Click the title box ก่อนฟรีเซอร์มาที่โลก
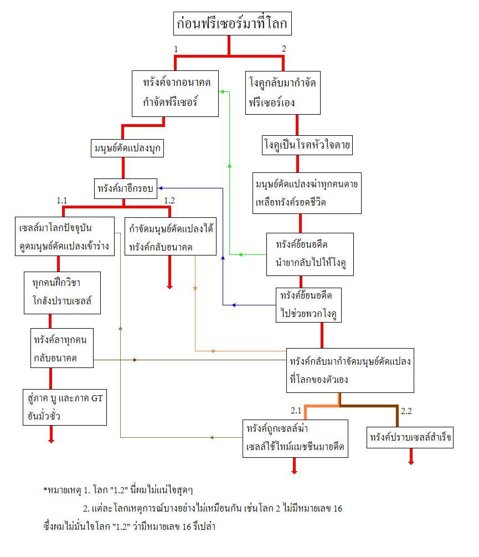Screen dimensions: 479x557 (233, 23)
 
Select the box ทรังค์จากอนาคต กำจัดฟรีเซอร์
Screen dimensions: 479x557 (175, 94)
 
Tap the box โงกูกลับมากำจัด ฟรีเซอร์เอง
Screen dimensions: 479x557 (283, 93)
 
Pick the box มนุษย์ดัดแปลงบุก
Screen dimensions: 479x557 (127, 148)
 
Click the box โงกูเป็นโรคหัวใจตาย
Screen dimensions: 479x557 (307, 145)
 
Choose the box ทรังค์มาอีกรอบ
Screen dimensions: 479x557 (126, 188)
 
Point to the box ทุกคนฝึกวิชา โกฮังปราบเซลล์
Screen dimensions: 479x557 (62, 293)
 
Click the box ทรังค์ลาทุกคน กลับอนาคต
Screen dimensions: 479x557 (61, 348)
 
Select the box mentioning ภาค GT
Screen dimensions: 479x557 (65, 407)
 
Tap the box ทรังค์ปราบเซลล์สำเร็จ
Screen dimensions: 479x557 (410, 437)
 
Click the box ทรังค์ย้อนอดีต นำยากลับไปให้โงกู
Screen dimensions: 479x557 (310, 254)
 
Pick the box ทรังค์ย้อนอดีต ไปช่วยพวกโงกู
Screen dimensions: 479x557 (308, 305)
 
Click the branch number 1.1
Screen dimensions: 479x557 (61, 201)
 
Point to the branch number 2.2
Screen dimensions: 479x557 (406, 411)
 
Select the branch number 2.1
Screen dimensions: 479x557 (296, 411)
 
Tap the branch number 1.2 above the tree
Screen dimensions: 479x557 (169, 200)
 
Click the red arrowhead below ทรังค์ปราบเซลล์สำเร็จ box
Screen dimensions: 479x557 (411, 462)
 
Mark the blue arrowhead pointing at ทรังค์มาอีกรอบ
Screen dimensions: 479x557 (161, 188)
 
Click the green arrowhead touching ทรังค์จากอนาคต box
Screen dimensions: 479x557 (222, 91)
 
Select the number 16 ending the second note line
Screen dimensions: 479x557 (337, 509)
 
